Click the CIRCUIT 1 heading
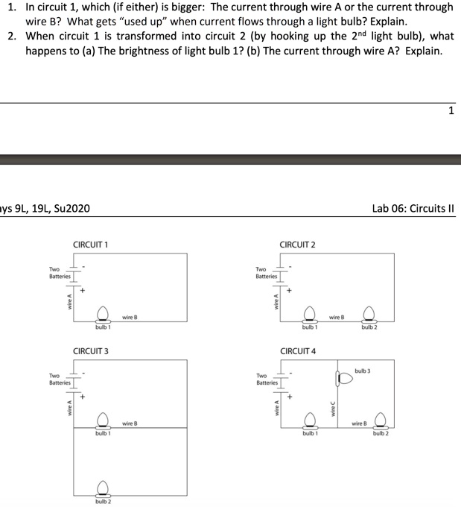[91, 245]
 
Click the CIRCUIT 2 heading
[297, 245]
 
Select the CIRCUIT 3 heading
[91, 350]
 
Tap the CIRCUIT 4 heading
[297, 350]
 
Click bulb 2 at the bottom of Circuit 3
[103, 490]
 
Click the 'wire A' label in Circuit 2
[276, 301]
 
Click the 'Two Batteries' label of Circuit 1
[59, 273]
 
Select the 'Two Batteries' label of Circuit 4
[266, 379]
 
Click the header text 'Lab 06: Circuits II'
[413, 208]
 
